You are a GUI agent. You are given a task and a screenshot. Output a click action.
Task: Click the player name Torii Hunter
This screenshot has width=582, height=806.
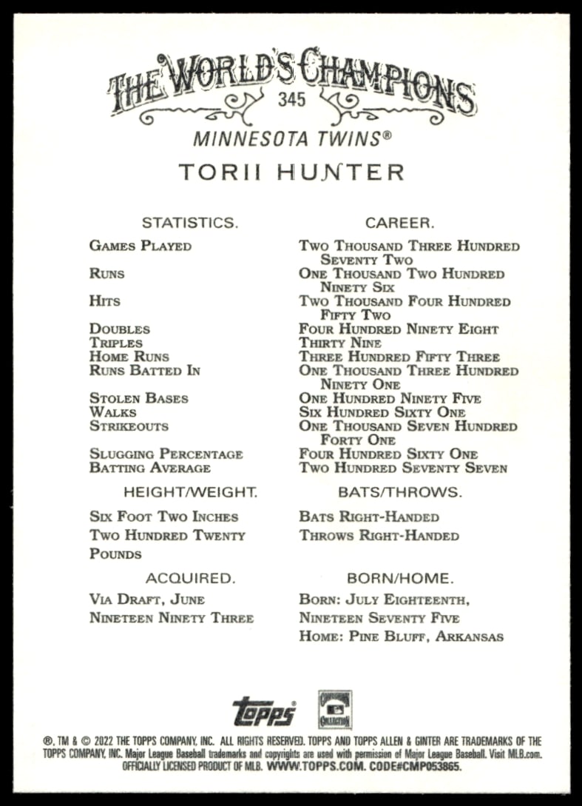(291, 172)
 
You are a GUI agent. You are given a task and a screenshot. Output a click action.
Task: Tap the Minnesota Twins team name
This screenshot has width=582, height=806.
(291, 138)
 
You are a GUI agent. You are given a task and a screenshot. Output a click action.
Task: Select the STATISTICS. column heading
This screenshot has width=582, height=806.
(190, 222)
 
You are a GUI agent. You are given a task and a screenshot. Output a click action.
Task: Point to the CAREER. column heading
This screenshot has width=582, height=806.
(400, 222)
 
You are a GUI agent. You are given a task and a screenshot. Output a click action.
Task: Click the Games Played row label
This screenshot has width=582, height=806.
(141, 246)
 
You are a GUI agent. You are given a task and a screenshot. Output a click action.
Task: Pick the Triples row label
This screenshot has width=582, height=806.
(116, 343)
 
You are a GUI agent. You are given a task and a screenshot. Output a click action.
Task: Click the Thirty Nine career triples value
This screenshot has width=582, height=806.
(340, 343)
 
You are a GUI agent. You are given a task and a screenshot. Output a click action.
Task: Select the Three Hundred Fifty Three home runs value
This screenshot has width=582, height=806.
(399, 357)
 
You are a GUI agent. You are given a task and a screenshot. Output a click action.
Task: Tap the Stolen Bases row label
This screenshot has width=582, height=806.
(139, 399)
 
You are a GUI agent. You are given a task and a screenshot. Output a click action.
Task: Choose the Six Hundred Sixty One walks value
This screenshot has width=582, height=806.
(382, 412)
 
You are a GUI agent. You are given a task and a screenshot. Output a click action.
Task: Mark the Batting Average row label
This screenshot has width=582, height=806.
(150, 468)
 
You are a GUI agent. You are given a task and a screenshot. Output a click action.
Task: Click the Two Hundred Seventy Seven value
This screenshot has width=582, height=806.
(403, 468)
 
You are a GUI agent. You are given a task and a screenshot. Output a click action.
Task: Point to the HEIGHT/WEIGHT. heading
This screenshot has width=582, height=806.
(190, 491)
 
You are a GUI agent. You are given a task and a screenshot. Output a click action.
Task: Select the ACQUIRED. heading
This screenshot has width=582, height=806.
(190, 578)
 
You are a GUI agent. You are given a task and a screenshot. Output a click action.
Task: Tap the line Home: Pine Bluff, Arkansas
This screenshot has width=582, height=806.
(401, 637)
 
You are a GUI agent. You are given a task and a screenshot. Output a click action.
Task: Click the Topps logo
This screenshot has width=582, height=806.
(264, 711)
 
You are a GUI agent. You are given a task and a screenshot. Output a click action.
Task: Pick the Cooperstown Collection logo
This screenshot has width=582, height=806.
(335, 710)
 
